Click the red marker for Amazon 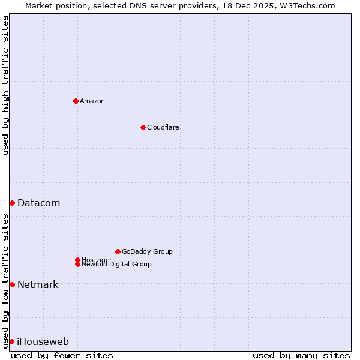[76, 101]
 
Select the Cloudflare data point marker [143, 127]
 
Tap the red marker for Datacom [12, 203]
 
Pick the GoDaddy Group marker [118, 251]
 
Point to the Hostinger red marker [77, 260]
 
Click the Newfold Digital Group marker [77, 264]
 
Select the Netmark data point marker [12, 284]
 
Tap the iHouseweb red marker [12, 341]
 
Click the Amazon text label [92, 101]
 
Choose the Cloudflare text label [163, 127]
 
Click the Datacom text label [39, 203]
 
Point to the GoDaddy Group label [147, 251]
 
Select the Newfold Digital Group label [117, 265]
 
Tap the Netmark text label [38, 284]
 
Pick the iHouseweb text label [43, 342]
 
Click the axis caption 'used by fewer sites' [62, 355]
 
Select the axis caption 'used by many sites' [301, 355]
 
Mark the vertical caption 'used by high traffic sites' [5, 85]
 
